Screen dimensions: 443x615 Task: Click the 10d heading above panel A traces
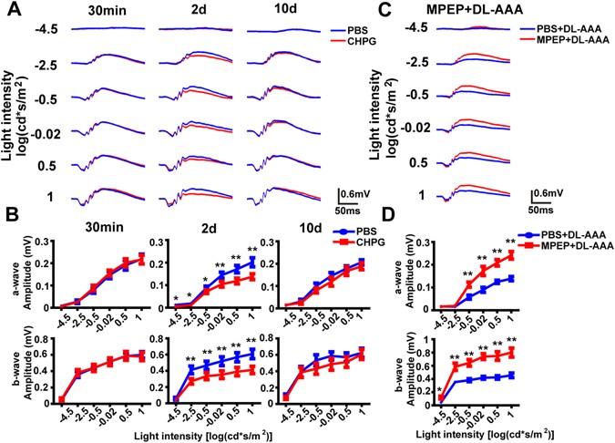(x=275, y=12)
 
